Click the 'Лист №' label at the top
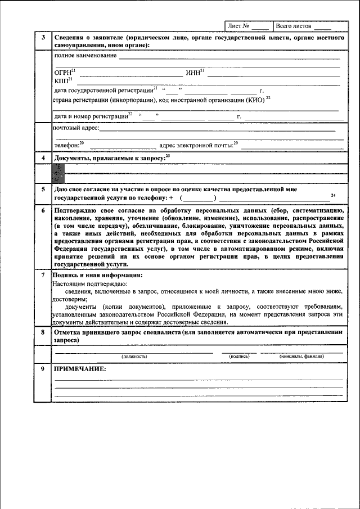[x=238, y=26]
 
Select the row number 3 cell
[x=42, y=38]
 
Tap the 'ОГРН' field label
[x=62, y=73]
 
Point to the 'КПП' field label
[x=61, y=82]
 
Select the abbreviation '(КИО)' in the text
[x=254, y=100]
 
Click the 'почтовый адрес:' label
[x=76, y=128]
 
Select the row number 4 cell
[x=42, y=158]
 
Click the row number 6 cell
[x=42, y=210]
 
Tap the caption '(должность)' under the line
[x=134, y=357]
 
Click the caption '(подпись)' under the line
[x=239, y=357]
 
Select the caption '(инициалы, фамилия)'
[x=301, y=357]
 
